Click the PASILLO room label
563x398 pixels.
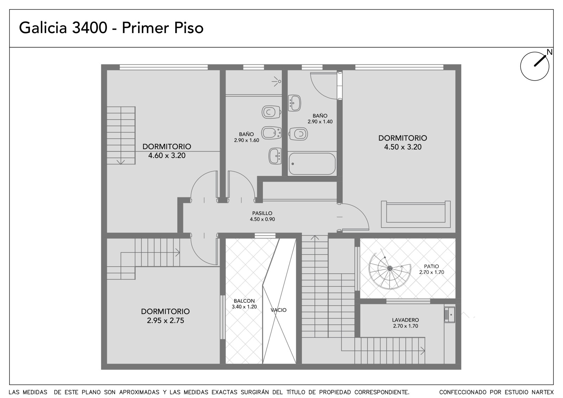[x=262, y=214]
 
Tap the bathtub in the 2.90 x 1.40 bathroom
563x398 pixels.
[x=312, y=164]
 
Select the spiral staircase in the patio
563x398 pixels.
[x=390, y=270]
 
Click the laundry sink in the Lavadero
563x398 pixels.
[x=449, y=315]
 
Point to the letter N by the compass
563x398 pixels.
[x=550, y=52]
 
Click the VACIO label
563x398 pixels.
[x=278, y=310]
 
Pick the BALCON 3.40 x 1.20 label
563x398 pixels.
[x=244, y=304]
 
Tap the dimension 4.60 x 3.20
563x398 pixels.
[x=167, y=156]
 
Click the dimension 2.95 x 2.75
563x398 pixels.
[x=165, y=321]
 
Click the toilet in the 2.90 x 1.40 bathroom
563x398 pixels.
[x=298, y=134]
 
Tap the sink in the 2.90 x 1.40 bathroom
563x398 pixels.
[x=294, y=103]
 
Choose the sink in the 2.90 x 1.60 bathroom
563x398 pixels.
[x=275, y=156]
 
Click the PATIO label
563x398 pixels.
[x=431, y=266]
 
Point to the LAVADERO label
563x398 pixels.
[x=405, y=320]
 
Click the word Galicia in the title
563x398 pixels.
[x=43, y=28]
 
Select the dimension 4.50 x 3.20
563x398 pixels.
[x=403, y=147]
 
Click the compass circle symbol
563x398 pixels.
[x=534, y=67]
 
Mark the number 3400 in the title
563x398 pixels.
[x=90, y=28]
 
